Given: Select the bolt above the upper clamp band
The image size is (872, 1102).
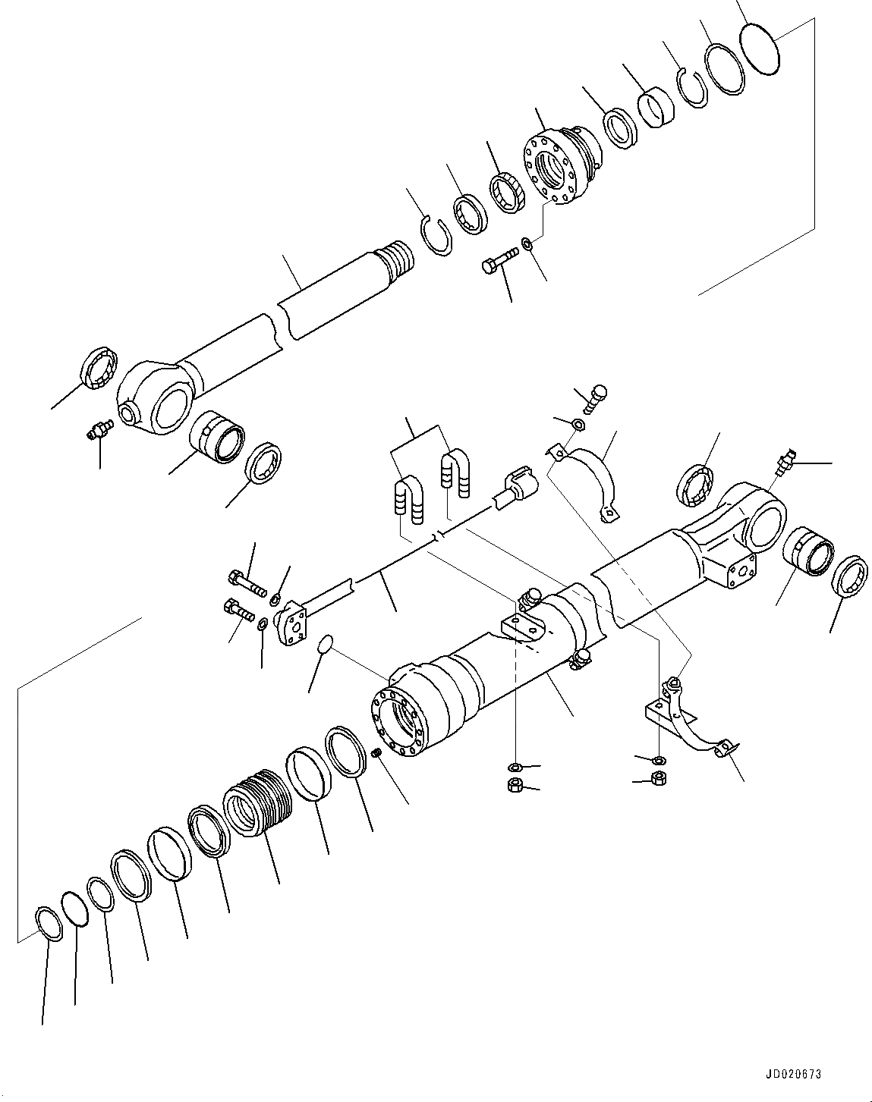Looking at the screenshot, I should point(595,395).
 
